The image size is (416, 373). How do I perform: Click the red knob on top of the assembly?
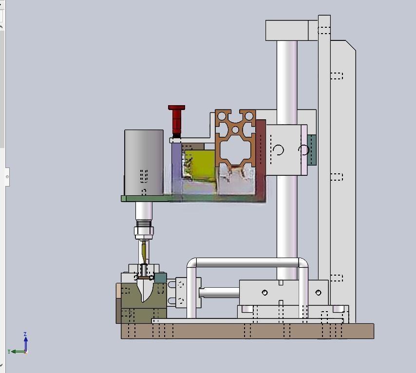coord(176,121)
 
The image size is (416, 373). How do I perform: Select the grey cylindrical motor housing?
coord(144,162)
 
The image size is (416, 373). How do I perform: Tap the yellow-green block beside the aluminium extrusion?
coord(200,166)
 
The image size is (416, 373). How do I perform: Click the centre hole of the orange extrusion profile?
coord(235,130)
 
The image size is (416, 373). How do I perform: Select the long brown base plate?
coord(247,331)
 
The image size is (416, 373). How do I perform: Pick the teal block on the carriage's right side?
coord(312,150)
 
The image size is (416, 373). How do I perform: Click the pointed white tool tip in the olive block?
coord(144,291)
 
